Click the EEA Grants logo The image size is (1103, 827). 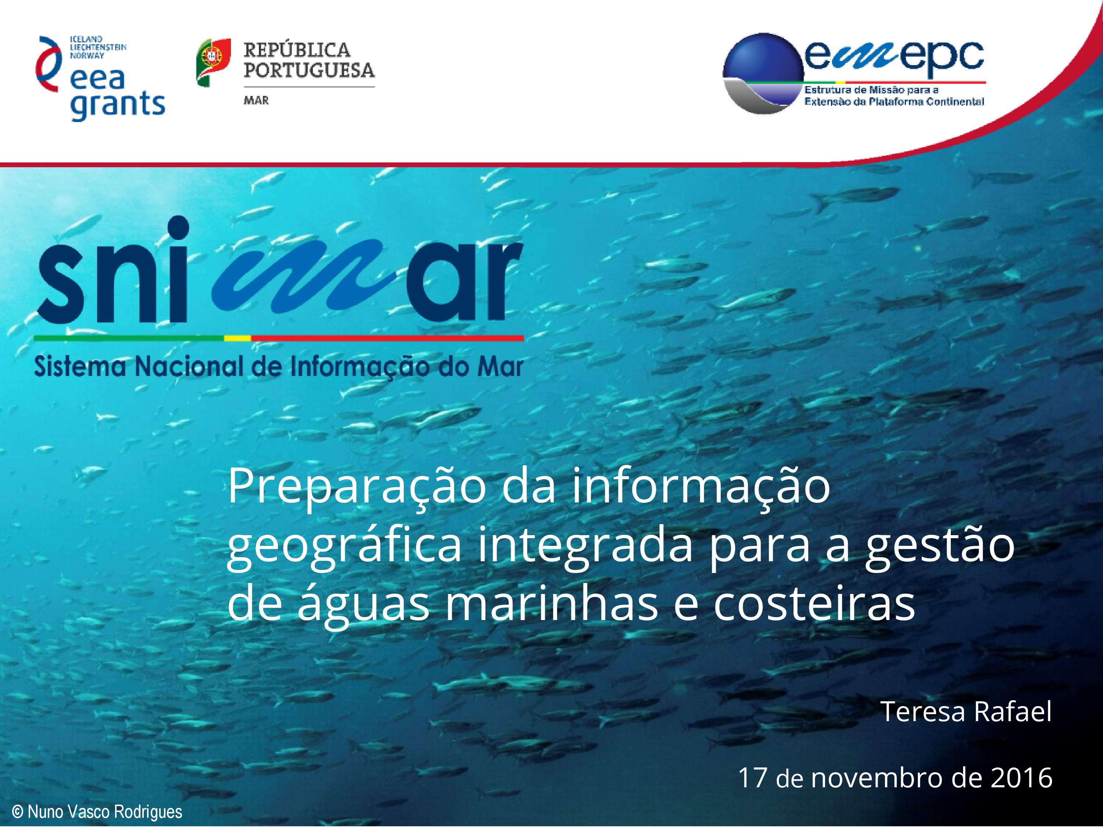[x=100, y=78]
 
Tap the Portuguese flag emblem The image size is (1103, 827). [x=213, y=63]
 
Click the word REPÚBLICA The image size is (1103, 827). [x=297, y=50]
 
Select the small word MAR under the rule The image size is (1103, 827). [x=256, y=100]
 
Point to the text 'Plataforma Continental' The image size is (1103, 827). [x=927, y=102]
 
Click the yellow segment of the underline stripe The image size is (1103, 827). [x=238, y=338]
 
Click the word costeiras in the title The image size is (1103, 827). [x=814, y=604]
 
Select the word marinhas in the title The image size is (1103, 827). [x=551, y=604]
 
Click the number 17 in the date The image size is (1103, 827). [x=752, y=778]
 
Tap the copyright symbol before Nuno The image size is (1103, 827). [x=17, y=812]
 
